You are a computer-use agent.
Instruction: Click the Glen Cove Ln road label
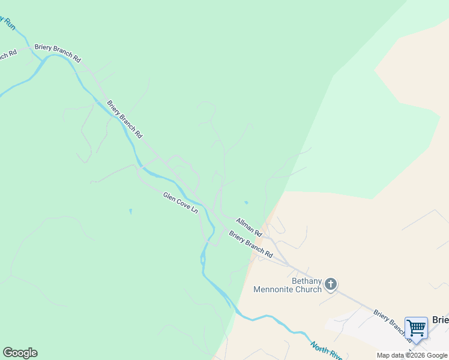click(180, 203)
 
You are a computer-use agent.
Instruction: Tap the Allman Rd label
click(249, 227)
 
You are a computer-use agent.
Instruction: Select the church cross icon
click(331, 284)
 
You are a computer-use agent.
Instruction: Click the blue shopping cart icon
click(416, 328)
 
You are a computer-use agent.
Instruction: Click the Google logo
click(20, 353)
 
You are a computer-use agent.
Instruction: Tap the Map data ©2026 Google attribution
click(412, 355)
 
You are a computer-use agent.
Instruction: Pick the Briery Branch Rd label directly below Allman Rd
click(250, 245)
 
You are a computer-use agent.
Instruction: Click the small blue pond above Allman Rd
click(246, 202)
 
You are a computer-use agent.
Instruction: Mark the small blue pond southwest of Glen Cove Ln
click(130, 211)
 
